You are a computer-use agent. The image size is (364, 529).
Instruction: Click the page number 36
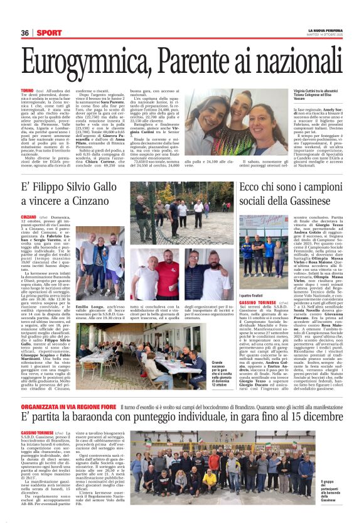tap(25, 33)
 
